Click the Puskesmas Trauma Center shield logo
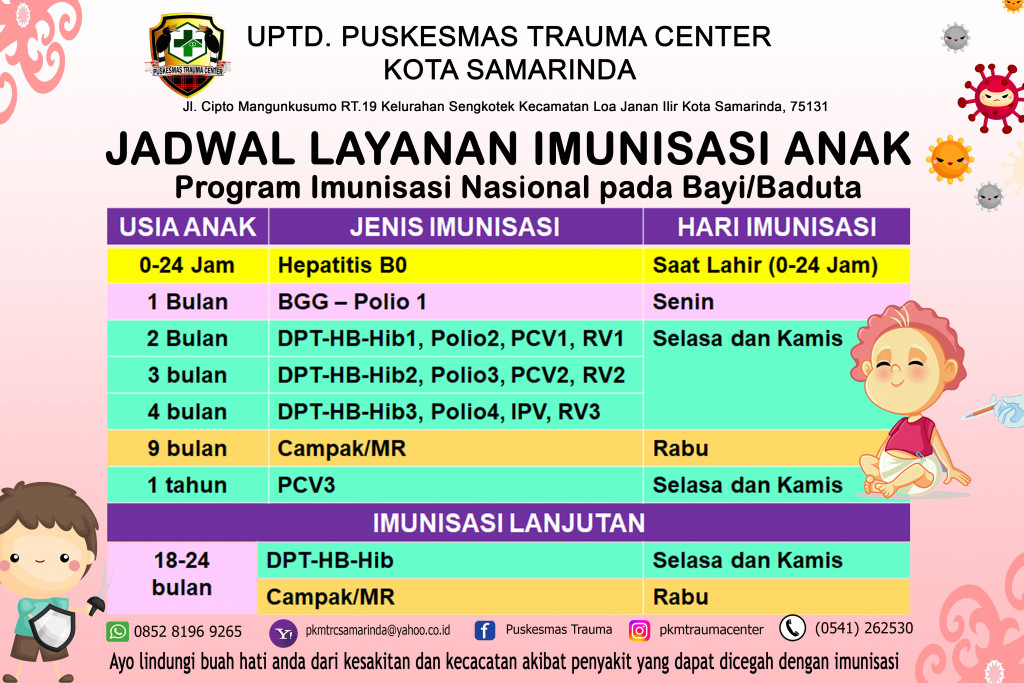pos(188,54)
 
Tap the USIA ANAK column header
pos(187,227)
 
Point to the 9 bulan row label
pos(187,449)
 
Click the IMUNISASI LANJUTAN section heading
pos(509,523)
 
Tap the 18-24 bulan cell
pos(182,574)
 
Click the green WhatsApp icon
pos(118,631)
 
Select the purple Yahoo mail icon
pos(283,633)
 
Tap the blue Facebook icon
pos(484,630)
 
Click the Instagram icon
pos(639,630)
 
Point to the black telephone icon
pos(792,628)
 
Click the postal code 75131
pos(808,106)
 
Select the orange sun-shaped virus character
pos(950,159)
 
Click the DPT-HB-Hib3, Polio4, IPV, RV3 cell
pos(438,412)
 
